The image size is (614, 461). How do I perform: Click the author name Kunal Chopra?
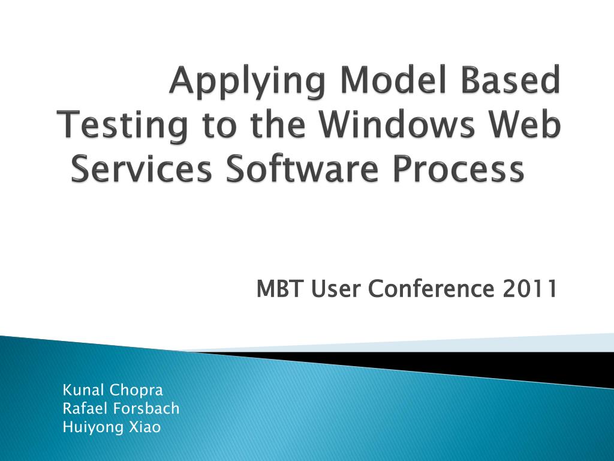tap(113, 390)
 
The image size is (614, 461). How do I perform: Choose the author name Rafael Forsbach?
tap(121, 409)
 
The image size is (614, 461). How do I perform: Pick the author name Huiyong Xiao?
tap(112, 427)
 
